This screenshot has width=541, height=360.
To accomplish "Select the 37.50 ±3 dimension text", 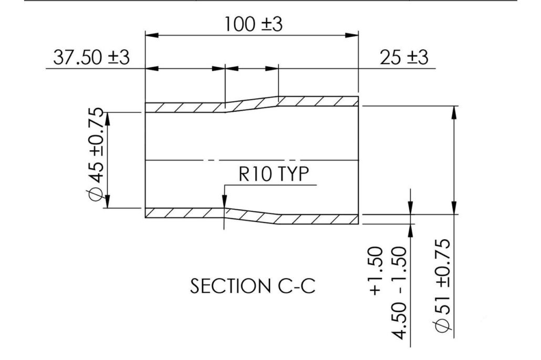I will (x=90, y=57).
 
